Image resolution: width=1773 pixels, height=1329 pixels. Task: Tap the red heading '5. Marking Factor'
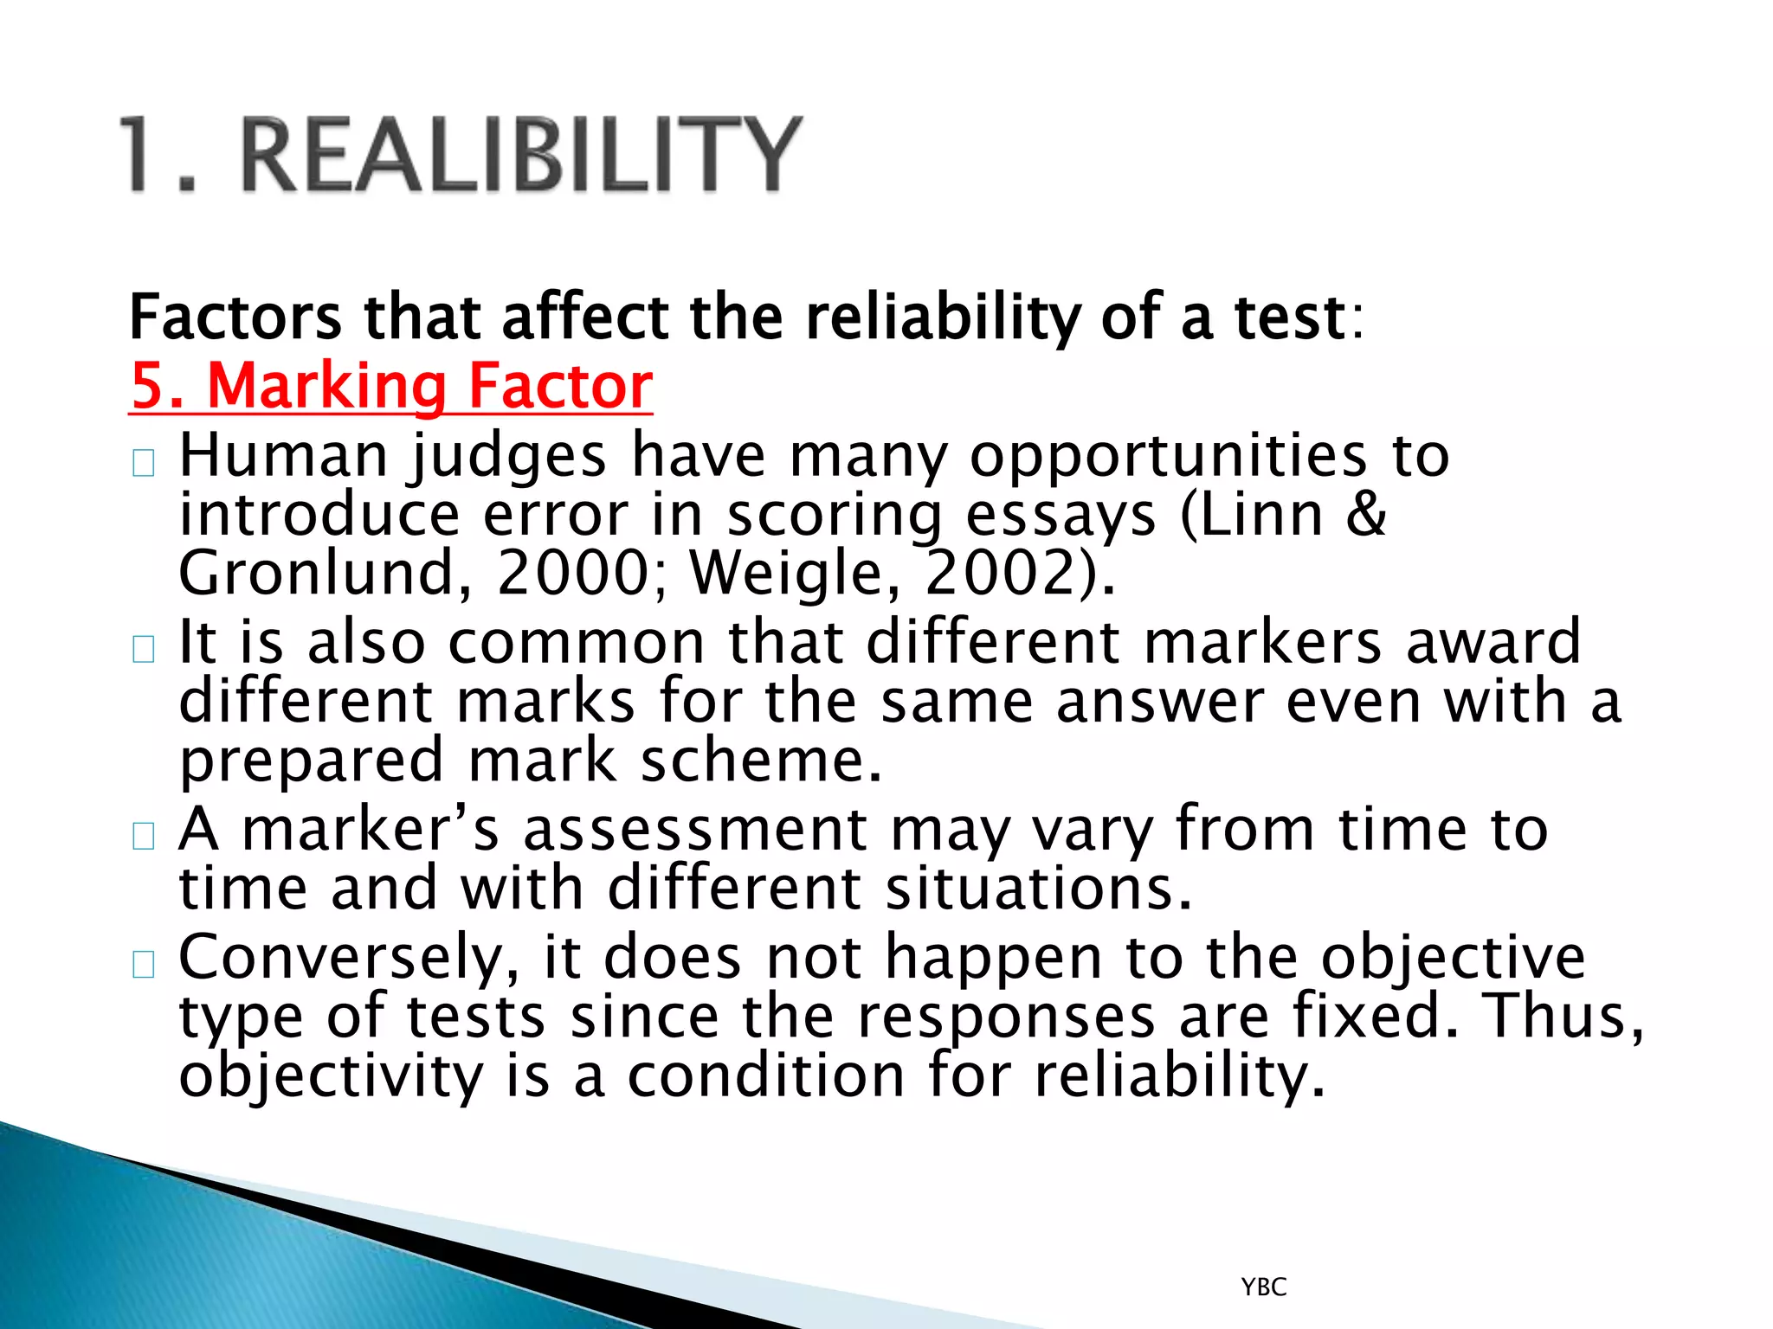click(x=391, y=386)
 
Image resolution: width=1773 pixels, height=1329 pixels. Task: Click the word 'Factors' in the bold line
click(x=235, y=318)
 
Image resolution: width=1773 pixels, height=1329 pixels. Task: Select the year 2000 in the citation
click(x=572, y=573)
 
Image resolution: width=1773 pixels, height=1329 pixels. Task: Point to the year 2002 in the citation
click(x=1010, y=573)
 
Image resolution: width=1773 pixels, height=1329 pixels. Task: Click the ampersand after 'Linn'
click(x=1366, y=514)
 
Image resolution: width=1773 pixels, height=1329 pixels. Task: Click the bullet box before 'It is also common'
click(x=144, y=649)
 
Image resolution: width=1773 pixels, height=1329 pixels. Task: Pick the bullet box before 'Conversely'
click(x=144, y=964)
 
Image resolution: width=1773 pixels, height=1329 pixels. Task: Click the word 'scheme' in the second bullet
click(x=761, y=761)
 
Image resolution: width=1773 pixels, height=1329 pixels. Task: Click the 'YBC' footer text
click(x=1264, y=1287)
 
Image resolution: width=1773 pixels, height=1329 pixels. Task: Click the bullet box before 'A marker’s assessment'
click(x=144, y=836)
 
